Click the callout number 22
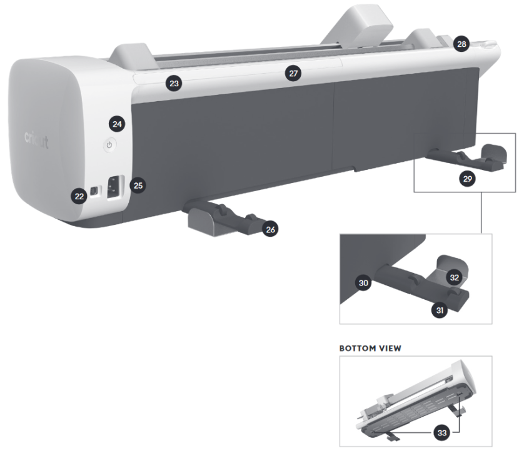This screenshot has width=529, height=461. (79, 197)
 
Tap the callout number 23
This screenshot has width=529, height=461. (174, 84)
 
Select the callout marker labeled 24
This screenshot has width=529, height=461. (117, 124)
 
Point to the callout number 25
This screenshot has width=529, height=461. (138, 186)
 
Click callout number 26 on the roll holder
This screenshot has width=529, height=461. (270, 230)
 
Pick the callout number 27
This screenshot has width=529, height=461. (293, 74)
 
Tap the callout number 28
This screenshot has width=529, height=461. (461, 44)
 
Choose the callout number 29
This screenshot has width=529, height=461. (467, 179)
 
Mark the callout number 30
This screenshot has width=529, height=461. (363, 283)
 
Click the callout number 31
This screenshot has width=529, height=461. (440, 310)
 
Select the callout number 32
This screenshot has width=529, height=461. (455, 278)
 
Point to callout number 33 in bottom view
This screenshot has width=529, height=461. (442, 433)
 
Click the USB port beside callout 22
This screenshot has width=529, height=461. (95, 191)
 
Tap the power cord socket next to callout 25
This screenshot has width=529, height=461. (114, 188)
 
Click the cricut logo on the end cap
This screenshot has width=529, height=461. (36, 139)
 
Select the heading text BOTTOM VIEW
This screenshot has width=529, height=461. (370, 348)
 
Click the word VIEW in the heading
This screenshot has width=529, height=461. (390, 348)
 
